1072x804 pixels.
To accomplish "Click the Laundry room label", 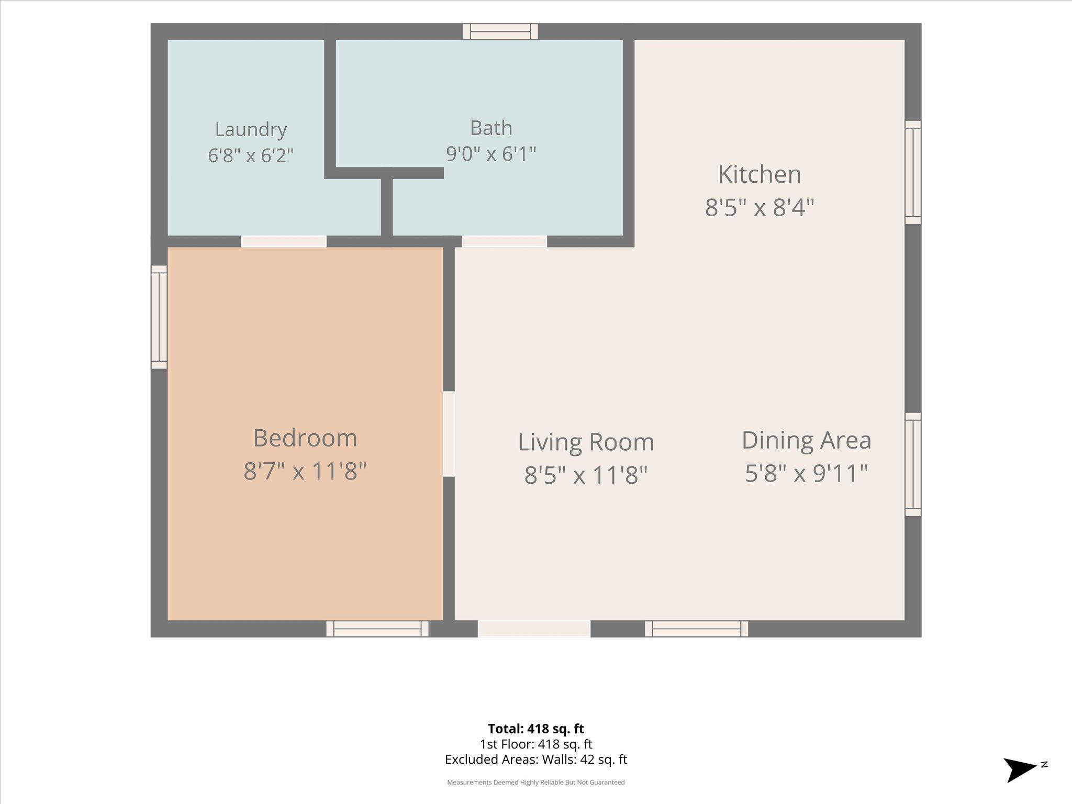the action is point(251,129).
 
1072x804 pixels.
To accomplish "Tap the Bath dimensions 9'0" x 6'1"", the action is point(491,154).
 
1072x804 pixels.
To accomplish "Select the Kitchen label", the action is point(760,174).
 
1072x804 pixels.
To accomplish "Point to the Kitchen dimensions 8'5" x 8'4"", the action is point(760,207).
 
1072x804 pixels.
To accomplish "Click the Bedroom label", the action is point(305,438).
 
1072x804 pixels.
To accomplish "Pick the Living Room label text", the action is point(586,442).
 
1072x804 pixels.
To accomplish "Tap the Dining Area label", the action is point(807,440).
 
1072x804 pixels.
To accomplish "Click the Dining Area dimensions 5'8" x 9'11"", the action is point(807,473).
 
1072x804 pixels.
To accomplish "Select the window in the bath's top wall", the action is point(500,31).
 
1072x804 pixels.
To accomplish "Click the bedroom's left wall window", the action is point(159,317).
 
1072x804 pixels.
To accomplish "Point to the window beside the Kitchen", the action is point(913,172).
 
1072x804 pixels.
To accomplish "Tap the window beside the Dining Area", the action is point(913,464).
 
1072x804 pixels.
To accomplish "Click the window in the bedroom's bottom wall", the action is point(377,629).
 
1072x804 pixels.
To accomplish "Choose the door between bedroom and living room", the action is point(449,434).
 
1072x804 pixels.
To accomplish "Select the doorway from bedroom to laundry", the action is point(284,241).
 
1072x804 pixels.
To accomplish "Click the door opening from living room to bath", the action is point(504,241).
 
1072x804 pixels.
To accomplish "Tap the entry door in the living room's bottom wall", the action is point(534,629).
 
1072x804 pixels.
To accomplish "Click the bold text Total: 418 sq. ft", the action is point(536,729).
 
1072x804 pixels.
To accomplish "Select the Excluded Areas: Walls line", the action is point(536,760).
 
